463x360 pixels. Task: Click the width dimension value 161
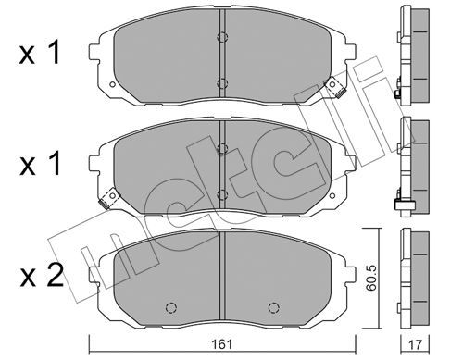click(222, 344)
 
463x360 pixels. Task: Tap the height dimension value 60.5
click(371, 279)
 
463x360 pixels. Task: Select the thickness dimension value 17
click(415, 344)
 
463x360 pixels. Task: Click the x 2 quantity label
click(42, 276)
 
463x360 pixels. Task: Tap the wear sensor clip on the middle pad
click(108, 198)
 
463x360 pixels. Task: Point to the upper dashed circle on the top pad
click(222, 37)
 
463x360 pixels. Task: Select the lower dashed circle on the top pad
click(222, 83)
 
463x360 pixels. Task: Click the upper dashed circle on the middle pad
click(222, 149)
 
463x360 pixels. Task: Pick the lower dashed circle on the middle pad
click(222, 195)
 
